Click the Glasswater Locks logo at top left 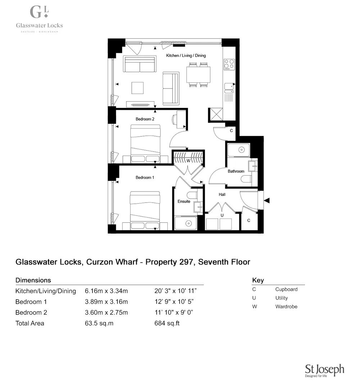point(39,19)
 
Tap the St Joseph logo point(324,370)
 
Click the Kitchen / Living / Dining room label point(186,56)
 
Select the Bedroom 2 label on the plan point(145,119)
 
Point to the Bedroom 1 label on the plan point(145,177)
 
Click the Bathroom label point(236,171)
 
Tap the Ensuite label point(184,201)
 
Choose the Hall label point(222,194)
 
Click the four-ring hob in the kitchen point(229,64)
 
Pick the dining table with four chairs point(198,75)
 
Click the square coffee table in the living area point(137,87)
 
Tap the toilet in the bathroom point(247,179)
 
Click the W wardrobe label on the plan point(188,161)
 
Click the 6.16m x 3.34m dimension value point(106,291)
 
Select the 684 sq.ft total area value point(167,323)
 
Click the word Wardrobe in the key point(286,307)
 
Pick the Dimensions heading point(33,280)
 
